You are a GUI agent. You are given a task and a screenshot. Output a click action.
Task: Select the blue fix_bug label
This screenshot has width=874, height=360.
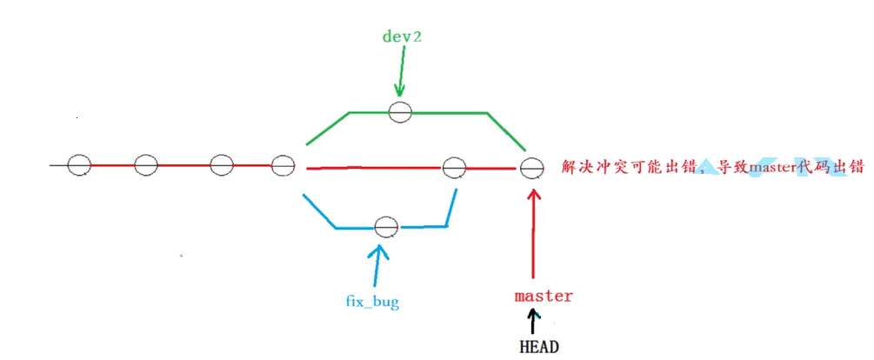pos(372,302)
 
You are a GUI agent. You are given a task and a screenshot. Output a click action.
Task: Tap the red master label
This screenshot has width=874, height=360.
pos(544,296)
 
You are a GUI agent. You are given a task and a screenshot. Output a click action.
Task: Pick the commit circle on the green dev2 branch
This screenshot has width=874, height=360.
pos(400,111)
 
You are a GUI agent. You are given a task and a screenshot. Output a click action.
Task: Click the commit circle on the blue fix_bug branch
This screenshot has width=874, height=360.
pos(386,227)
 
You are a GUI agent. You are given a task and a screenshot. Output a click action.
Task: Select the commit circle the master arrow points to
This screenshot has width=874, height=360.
pos(531,167)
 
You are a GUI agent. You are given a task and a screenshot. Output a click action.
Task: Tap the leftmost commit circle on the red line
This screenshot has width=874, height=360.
pos(79,164)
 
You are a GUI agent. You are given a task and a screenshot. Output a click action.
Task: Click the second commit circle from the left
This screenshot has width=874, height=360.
pos(146,164)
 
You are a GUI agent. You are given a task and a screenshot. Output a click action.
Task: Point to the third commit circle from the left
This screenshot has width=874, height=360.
pos(222,164)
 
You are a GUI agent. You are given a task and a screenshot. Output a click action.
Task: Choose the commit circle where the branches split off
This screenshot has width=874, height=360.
pos(284,164)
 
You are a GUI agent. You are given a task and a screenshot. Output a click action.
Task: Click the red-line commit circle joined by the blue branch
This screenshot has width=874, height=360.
pos(454,167)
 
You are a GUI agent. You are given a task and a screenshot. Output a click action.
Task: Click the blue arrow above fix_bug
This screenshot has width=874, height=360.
pos(377,264)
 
